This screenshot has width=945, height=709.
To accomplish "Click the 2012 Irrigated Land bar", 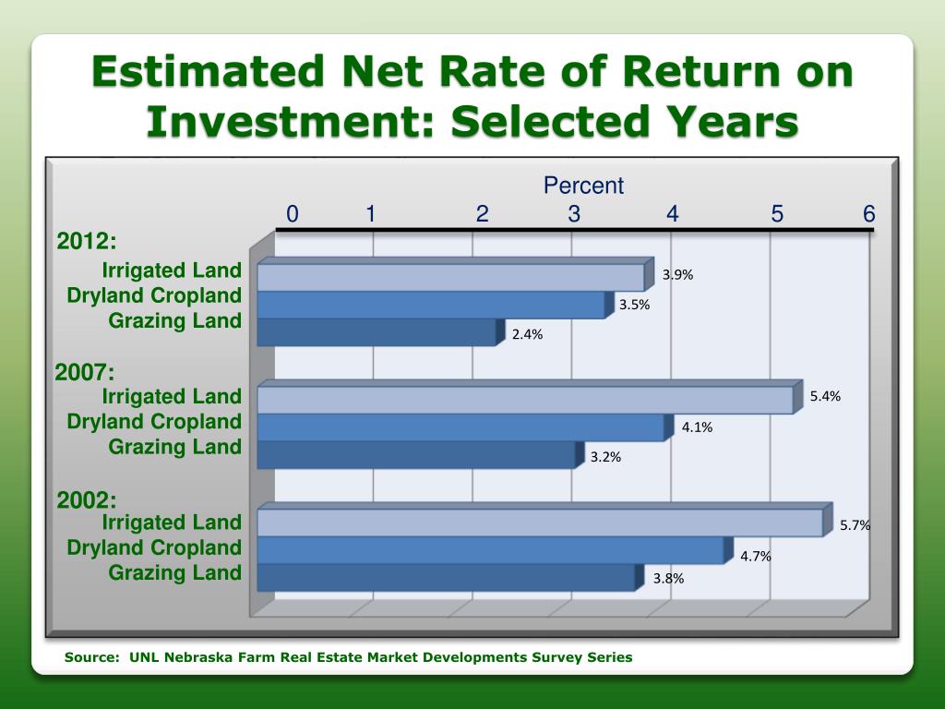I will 450,278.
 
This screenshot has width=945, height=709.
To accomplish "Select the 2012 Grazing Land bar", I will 377,332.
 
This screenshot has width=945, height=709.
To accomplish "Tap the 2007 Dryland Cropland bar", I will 460,427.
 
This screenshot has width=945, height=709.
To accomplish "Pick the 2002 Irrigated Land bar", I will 539,523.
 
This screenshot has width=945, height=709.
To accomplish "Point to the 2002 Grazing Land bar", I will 446,578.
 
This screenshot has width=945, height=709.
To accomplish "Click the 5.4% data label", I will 825,397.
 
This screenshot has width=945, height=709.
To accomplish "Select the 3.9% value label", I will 677,275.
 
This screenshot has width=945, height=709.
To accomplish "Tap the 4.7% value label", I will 755,557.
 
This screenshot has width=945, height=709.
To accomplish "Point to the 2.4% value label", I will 527,335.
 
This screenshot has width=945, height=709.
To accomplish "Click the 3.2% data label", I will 605,457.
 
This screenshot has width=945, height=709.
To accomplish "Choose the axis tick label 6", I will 868,215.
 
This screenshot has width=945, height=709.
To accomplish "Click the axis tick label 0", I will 293,215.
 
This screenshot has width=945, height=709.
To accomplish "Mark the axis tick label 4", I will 673,215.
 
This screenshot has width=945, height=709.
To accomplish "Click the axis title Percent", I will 583,186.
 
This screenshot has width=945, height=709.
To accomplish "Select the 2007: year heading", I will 85,373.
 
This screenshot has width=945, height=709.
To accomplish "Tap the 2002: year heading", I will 87,500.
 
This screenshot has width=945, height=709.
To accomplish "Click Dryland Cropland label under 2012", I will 154,295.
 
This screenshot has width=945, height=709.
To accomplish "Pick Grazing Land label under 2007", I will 175,447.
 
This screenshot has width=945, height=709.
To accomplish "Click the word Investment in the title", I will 290,121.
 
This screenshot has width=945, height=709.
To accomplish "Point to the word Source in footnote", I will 90,657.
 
